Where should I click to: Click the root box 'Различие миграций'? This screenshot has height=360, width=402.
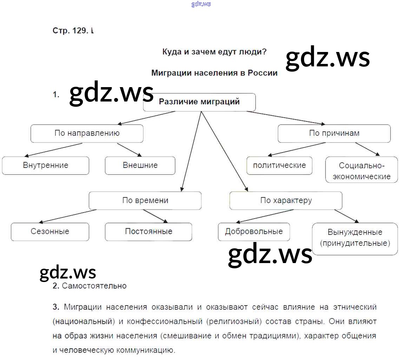tap(199, 102)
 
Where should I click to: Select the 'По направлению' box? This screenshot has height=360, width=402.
tap(87, 133)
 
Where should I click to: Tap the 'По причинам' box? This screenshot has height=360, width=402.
tap(334, 133)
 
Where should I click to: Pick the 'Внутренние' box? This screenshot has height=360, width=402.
tap(45, 165)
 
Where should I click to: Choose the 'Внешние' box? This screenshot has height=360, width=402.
tap(140, 165)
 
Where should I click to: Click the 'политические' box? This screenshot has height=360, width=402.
tap(279, 165)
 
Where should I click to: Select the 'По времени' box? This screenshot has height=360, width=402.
tap(145, 201)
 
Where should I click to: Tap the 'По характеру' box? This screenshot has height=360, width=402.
tap(286, 201)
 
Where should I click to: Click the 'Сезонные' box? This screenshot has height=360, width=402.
tap(50, 232)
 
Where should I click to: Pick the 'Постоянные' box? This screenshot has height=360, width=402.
tap(149, 232)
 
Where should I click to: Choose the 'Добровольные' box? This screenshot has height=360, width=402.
tap(254, 232)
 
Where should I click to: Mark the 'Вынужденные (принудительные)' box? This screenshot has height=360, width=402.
tap(355, 238)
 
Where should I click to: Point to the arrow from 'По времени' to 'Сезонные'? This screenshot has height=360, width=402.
tap(67, 216)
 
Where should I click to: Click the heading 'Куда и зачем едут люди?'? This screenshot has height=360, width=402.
tap(214, 52)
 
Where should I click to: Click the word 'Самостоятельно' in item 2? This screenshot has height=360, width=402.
tap(94, 286)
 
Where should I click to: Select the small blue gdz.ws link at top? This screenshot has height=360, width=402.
tap(201, 4)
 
